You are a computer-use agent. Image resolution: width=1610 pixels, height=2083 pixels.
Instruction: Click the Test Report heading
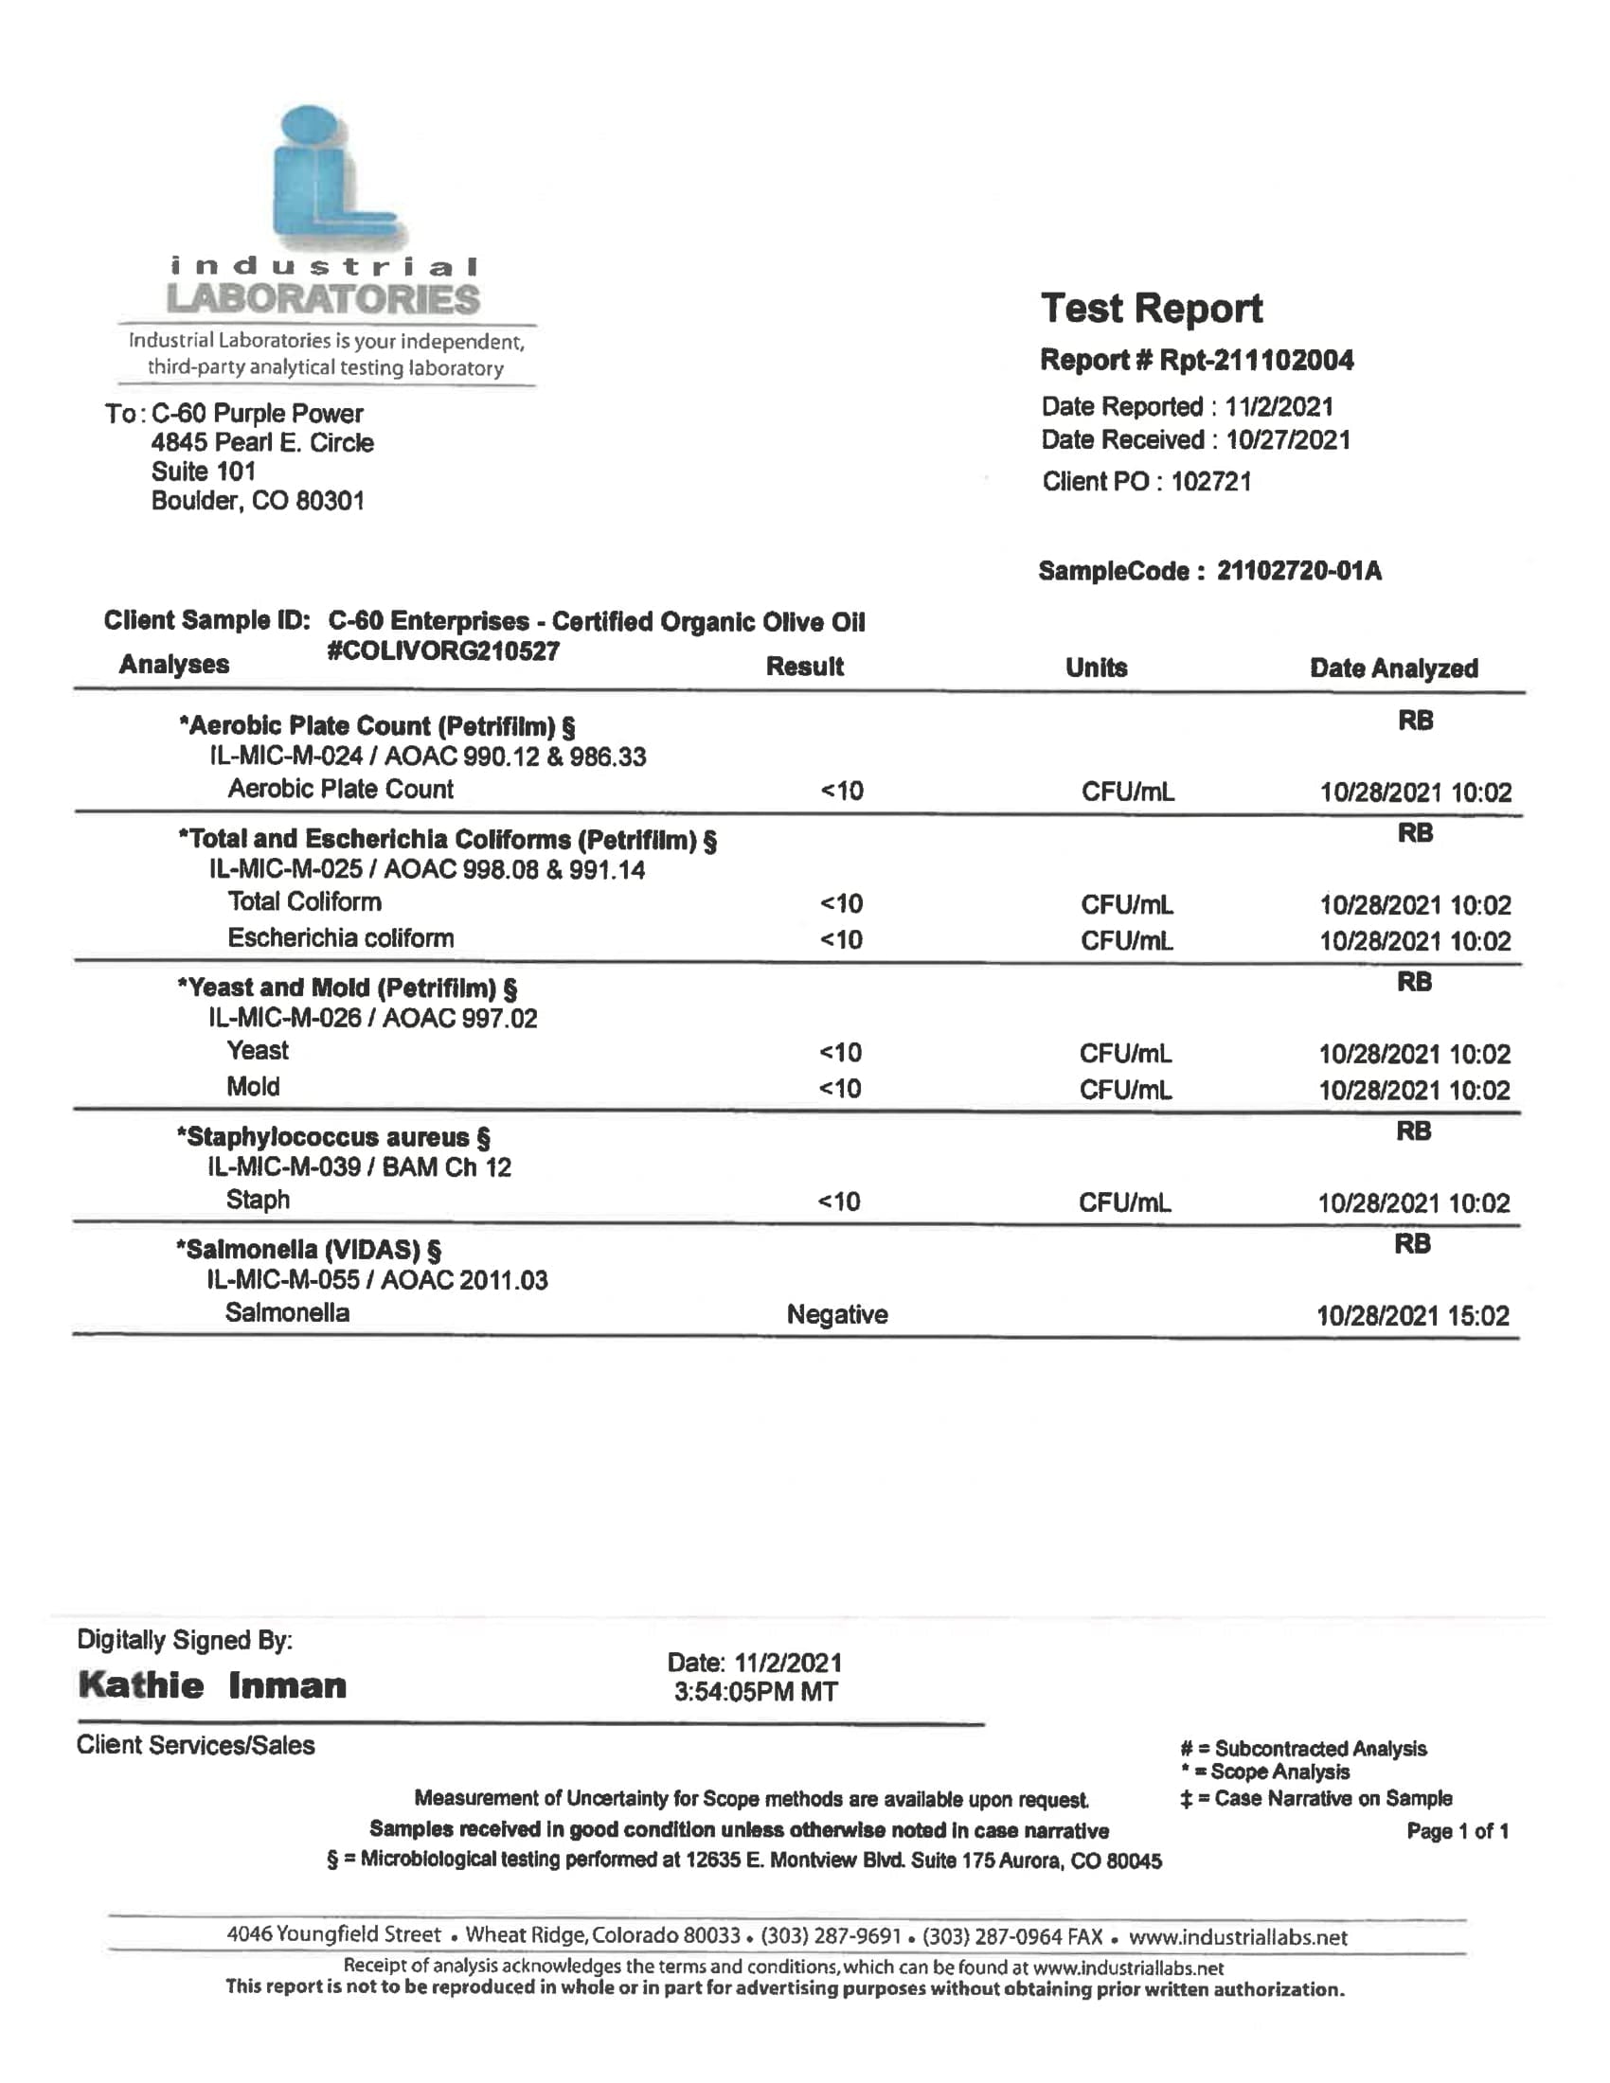point(1152,309)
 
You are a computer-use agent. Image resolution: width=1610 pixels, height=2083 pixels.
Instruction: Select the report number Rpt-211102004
point(1256,361)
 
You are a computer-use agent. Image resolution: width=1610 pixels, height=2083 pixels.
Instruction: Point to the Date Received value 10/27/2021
point(1288,439)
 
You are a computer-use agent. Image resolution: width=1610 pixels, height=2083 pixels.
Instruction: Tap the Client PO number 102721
point(1210,482)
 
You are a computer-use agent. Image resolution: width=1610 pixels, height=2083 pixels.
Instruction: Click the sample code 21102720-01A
point(1298,571)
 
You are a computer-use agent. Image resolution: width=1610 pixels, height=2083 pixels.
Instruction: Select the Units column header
point(1096,668)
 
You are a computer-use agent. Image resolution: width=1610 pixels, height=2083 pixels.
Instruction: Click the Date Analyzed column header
point(1392,668)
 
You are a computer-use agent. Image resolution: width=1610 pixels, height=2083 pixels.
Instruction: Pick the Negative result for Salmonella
point(836,1314)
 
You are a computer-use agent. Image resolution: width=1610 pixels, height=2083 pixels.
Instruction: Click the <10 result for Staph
point(839,1202)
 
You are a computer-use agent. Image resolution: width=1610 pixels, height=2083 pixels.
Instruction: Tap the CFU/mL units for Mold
point(1125,1090)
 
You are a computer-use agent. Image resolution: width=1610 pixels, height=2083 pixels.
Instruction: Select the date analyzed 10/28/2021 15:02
point(1412,1316)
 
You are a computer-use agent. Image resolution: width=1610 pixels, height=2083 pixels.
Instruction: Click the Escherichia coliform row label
point(341,938)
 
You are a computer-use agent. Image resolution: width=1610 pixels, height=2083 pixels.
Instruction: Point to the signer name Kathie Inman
point(212,1685)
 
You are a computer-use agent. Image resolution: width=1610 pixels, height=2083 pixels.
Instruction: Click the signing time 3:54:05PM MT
point(756,1692)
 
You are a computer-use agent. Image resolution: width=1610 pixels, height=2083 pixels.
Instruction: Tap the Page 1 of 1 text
point(1457,1830)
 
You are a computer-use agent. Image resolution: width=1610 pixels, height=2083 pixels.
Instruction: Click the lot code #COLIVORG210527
point(442,651)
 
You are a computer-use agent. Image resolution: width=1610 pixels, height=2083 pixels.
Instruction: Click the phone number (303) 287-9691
point(831,1935)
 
